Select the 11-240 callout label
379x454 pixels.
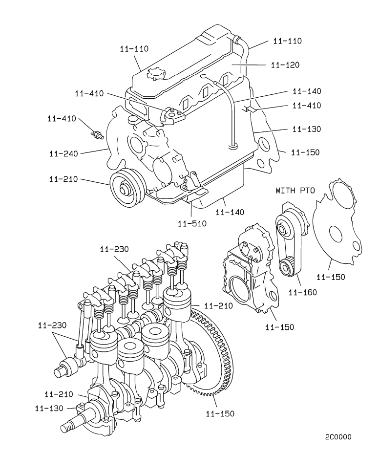point(63,153)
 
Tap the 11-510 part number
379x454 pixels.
point(192,223)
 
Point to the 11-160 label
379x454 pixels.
point(303,292)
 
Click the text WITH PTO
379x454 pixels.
point(296,190)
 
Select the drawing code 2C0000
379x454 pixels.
point(338,437)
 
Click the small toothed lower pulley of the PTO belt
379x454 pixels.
point(287,266)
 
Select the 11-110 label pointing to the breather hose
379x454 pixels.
point(288,41)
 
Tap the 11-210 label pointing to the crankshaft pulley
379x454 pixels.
point(63,179)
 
